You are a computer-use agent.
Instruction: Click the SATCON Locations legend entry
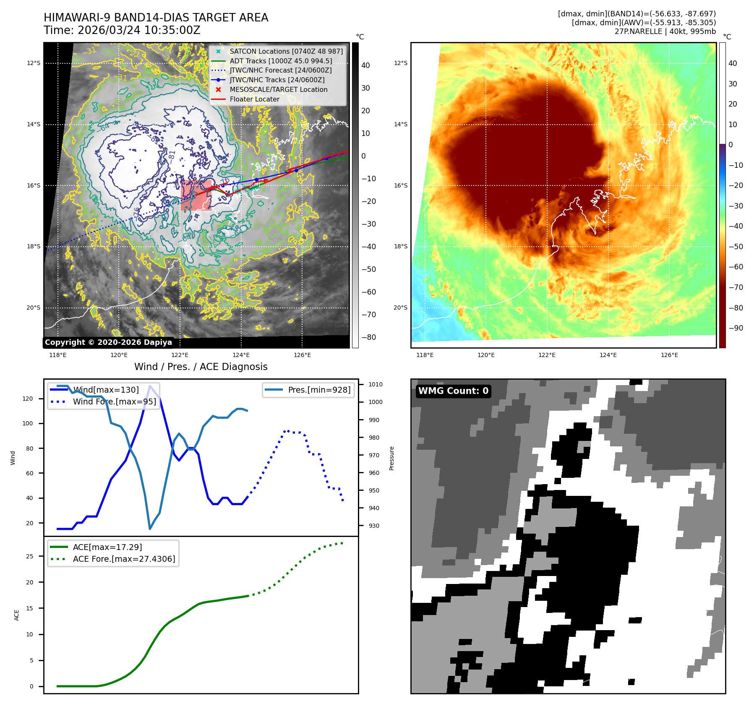click(286, 51)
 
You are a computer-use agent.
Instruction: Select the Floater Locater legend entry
click(254, 99)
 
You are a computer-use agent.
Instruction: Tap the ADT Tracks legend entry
click(280, 61)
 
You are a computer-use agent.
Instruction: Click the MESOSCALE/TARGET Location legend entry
click(278, 90)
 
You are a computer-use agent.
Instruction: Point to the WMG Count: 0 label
click(453, 391)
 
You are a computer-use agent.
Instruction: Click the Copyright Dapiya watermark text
click(108, 342)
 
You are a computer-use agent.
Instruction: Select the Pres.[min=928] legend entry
click(319, 390)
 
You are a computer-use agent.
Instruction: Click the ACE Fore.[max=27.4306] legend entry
click(124, 559)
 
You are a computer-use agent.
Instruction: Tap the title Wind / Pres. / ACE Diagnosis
click(201, 367)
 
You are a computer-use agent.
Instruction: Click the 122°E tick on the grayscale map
click(180, 355)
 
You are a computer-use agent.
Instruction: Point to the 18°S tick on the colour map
click(400, 247)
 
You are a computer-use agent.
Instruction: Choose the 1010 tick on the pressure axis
click(376, 384)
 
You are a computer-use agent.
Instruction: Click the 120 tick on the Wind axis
click(28, 399)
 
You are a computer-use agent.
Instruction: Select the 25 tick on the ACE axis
click(29, 556)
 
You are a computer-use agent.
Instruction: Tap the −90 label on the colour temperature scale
click(736, 328)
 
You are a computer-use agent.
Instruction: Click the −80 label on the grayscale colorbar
click(369, 337)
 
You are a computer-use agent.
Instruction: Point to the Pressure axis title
click(391, 458)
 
